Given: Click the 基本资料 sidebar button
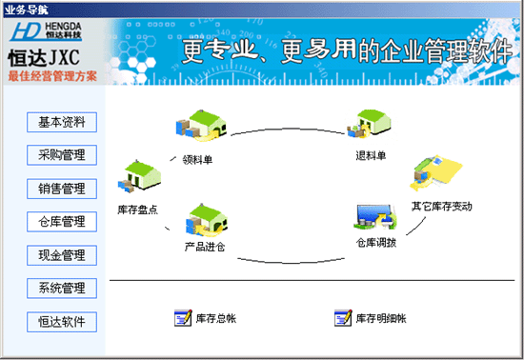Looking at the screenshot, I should (x=62, y=122).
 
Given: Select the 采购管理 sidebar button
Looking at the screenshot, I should (x=62, y=155).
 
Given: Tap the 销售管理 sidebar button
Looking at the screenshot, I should (x=62, y=189).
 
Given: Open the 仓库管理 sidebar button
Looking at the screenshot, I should (x=62, y=222).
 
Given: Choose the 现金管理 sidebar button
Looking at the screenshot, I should (x=62, y=255).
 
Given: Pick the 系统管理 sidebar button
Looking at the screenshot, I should (x=62, y=288).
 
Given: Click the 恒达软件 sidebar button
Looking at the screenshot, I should (x=62, y=321).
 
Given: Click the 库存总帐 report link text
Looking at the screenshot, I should (x=214, y=318).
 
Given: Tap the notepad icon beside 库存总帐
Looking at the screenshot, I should (x=183, y=318).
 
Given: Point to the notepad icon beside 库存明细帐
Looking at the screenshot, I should (x=343, y=318).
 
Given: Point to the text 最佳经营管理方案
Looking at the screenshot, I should (x=51, y=75).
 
